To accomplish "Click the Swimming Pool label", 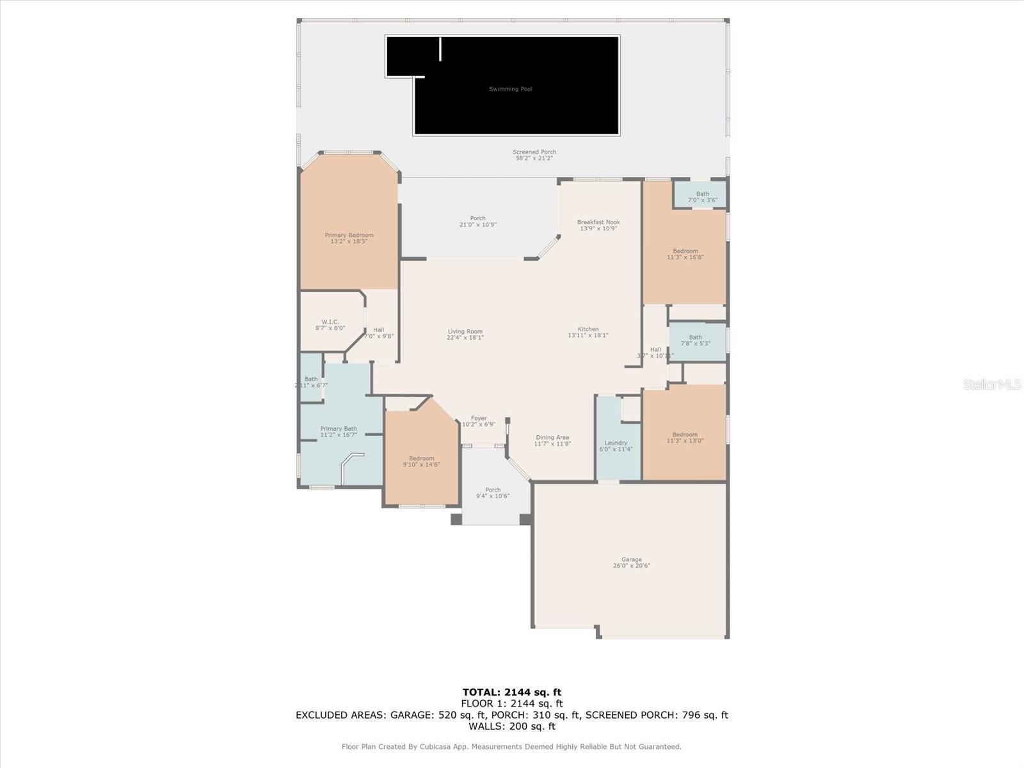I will (x=510, y=89).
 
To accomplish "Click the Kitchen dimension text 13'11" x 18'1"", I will (x=588, y=335).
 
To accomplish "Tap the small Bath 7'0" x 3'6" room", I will (x=702, y=196).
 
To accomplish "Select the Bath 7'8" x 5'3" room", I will (x=696, y=340).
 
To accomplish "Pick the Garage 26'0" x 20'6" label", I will (x=631, y=563).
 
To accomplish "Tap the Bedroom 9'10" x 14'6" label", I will (x=422, y=461).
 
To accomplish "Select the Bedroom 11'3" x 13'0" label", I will (x=685, y=438).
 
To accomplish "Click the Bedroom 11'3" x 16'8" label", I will (x=685, y=254).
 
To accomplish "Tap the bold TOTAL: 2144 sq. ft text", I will (x=511, y=692).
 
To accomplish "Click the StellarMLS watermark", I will (x=991, y=384).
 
